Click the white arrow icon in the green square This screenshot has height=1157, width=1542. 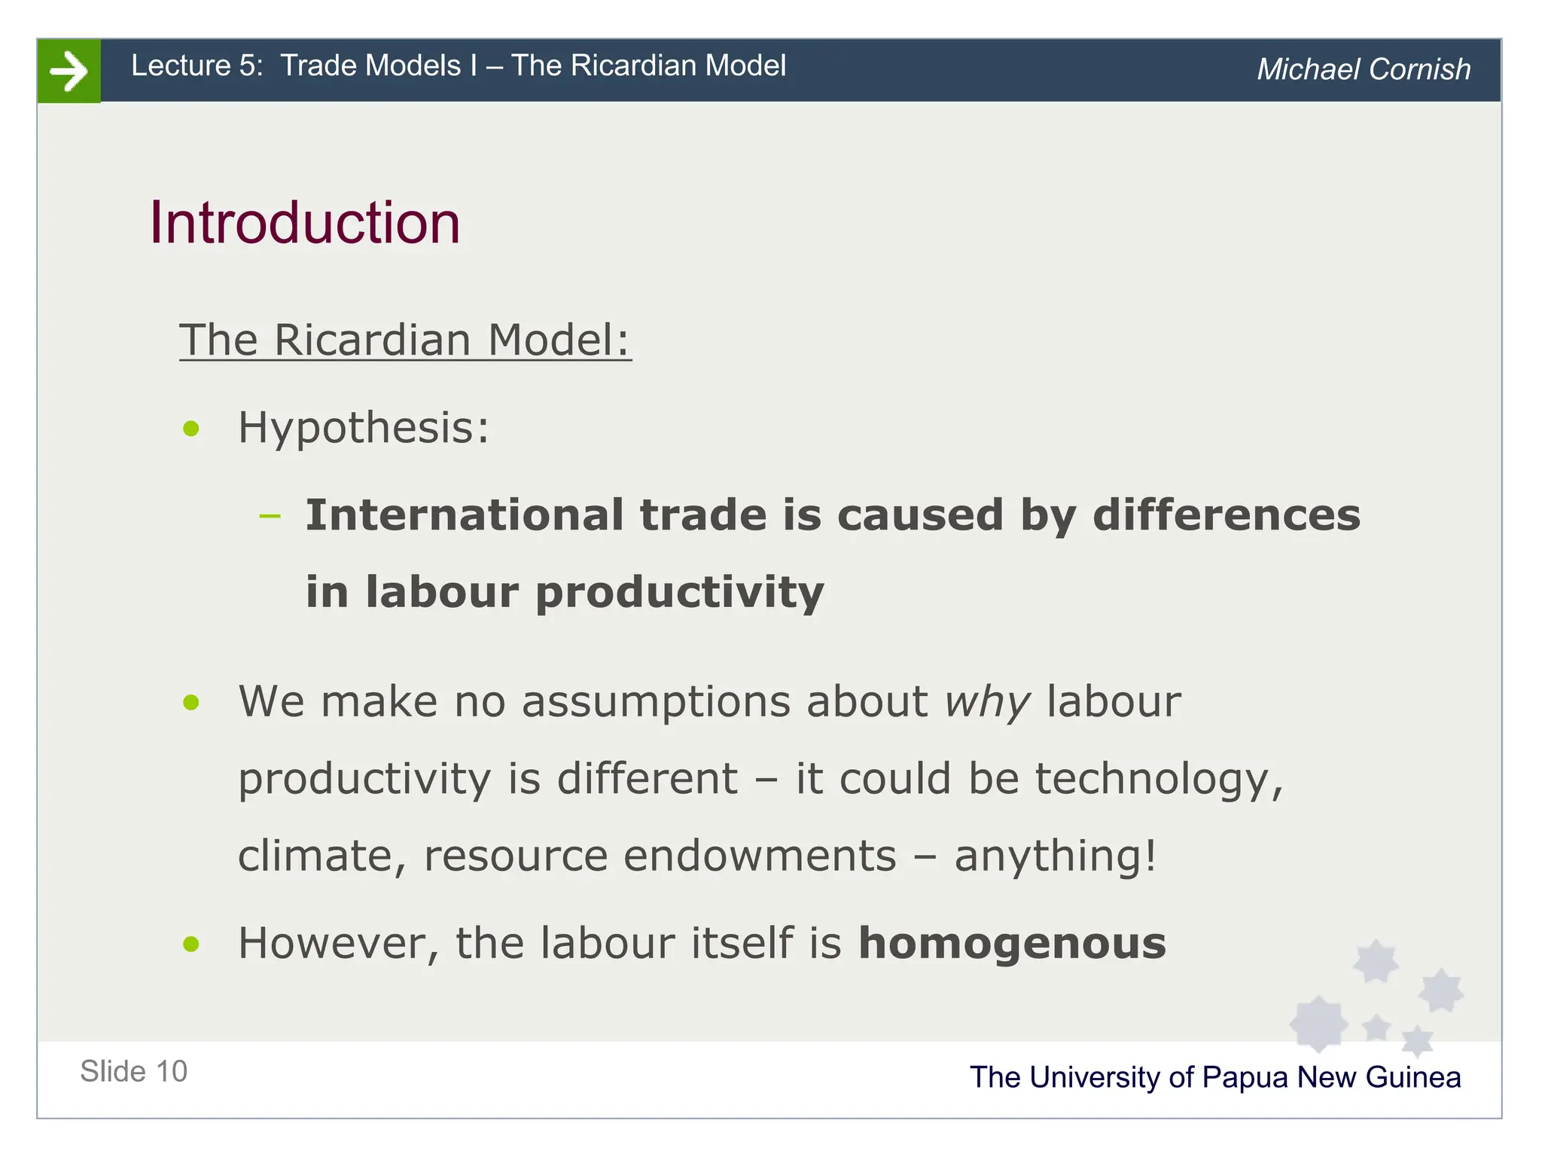[x=69, y=72]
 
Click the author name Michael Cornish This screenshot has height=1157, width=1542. [x=1363, y=69]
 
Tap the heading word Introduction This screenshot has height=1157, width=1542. [x=305, y=223]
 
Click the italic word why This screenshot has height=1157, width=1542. [x=987, y=703]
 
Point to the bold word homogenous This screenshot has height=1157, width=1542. [x=1012, y=943]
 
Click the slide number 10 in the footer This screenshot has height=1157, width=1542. [x=172, y=1071]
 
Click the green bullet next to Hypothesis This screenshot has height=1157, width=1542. [x=191, y=429]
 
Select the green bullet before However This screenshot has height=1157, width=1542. [x=191, y=944]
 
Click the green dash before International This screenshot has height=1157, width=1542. [x=269, y=517]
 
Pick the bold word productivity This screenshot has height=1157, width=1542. [x=679, y=592]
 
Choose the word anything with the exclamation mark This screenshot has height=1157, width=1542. [x=1055, y=856]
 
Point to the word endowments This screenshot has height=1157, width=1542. [x=760, y=856]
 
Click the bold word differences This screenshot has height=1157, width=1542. [x=1227, y=515]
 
